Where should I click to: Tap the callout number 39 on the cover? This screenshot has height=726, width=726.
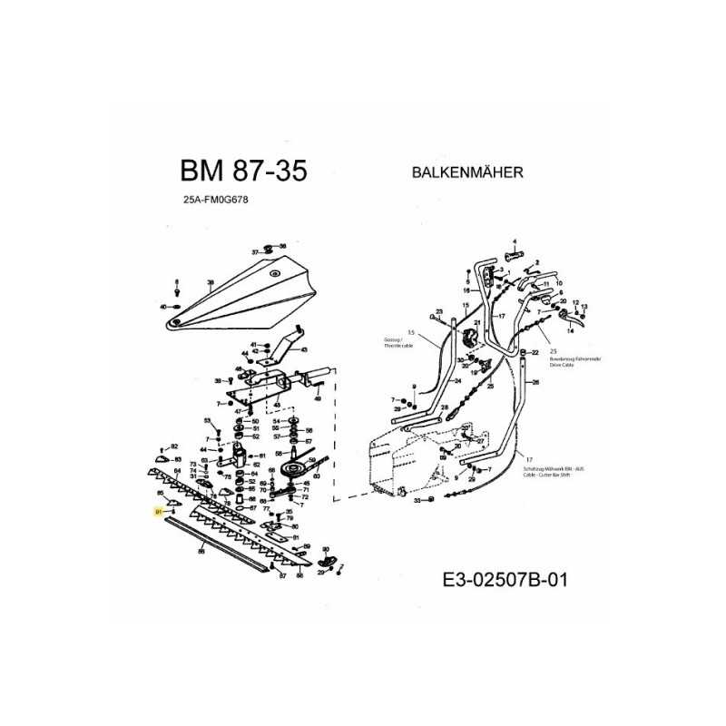click(210, 284)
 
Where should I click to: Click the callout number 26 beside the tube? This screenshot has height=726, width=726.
click(536, 383)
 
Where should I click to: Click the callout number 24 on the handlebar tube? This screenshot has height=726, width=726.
click(458, 382)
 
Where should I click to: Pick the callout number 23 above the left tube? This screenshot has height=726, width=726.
click(437, 311)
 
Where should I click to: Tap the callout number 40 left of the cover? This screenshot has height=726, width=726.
click(163, 308)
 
